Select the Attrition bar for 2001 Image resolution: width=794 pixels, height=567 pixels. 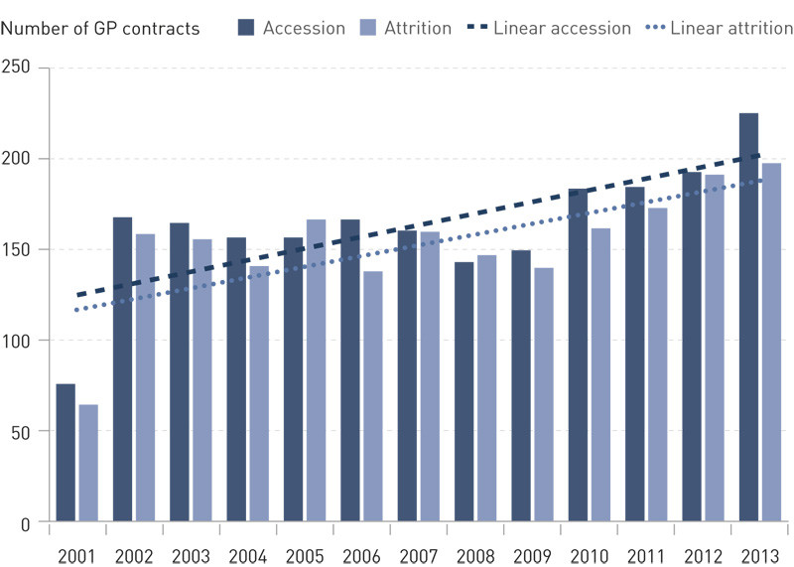point(88,463)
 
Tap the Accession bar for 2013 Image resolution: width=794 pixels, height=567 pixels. point(748,318)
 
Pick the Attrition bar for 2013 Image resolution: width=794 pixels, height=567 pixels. point(771,342)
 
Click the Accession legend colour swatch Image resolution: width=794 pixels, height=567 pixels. point(246,28)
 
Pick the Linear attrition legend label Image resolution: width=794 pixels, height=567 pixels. point(731,28)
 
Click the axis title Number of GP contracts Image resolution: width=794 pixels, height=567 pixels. point(100,28)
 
